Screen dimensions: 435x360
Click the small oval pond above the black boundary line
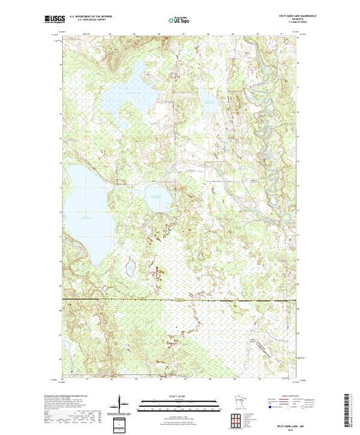point(128,266)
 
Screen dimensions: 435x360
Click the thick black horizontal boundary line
point(180,300)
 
